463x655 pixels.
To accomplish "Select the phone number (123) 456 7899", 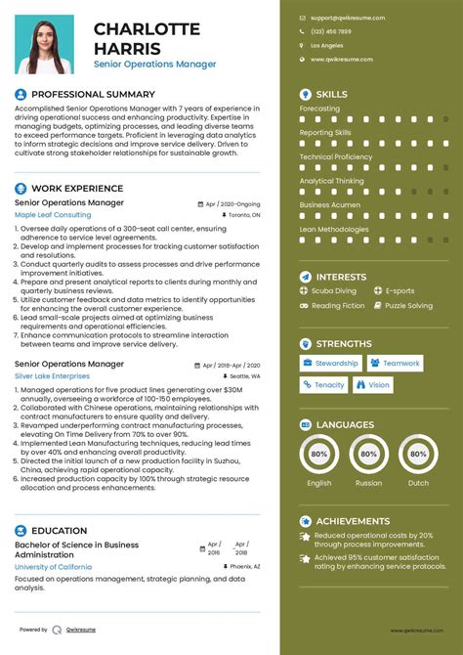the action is tap(331, 31).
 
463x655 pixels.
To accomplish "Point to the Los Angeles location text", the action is tap(327, 46).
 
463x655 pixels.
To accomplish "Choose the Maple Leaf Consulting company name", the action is tap(53, 214).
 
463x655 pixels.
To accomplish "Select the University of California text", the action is tap(54, 566).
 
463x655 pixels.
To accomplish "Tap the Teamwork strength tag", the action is tap(400, 363).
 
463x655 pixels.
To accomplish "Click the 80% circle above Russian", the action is tap(368, 454).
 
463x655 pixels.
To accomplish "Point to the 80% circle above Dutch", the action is tap(418, 454).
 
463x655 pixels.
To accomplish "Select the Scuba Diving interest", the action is tap(334, 291).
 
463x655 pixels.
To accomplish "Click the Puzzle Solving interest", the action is tap(408, 306).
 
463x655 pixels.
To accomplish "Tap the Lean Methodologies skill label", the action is tap(335, 228).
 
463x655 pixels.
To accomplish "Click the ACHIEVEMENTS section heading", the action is tap(353, 521).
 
